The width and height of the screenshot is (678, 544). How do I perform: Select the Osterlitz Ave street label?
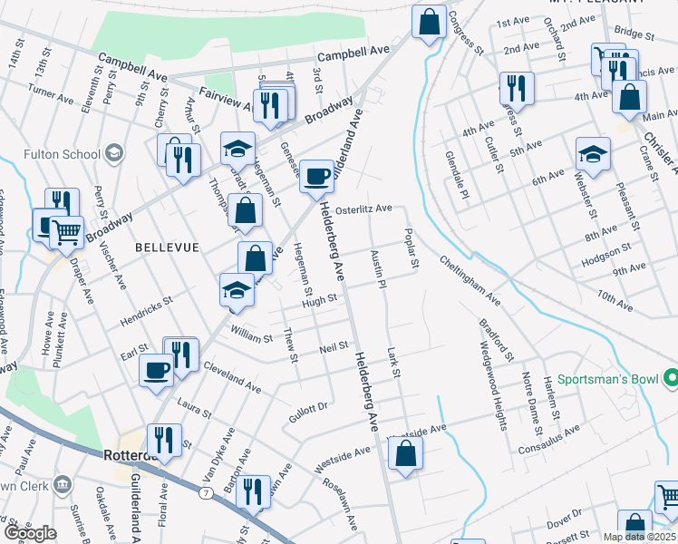click(363, 209)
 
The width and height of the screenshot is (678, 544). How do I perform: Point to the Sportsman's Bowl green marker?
click(671, 376)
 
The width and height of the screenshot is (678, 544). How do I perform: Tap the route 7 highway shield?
click(207, 493)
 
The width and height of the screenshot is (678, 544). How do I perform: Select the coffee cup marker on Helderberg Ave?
click(317, 175)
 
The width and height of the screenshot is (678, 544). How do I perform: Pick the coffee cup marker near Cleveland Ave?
click(156, 369)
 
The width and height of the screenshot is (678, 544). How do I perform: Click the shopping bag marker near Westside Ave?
click(405, 453)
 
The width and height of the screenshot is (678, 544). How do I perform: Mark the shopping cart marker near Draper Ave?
click(66, 231)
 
